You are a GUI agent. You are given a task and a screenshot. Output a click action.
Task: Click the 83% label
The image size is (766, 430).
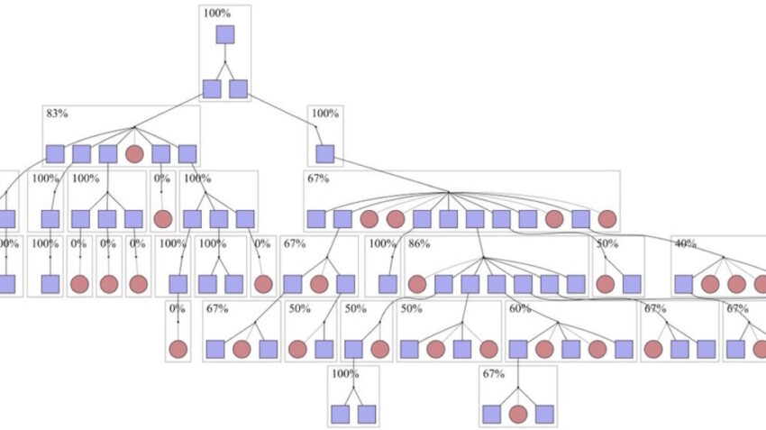[x=56, y=114]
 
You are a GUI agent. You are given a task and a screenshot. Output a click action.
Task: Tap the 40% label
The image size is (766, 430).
[x=685, y=244]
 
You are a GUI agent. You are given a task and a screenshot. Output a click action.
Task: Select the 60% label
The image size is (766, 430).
[x=520, y=308]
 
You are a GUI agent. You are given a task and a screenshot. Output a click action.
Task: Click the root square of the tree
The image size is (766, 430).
[x=224, y=35]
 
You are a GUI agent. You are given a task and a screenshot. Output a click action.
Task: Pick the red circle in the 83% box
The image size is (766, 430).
[x=134, y=154]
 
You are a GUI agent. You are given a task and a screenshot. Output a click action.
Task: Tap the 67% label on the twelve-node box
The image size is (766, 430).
[x=318, y=178]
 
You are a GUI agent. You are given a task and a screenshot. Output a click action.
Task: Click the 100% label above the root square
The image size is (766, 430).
[x=216, y=13]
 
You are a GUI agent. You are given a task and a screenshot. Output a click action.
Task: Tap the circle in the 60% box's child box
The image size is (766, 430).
[x=517, y=414]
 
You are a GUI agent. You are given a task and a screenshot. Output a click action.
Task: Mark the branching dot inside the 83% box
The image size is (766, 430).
[x=134, y=127]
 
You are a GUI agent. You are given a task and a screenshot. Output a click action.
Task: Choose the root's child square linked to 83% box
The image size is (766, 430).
[x=212, y=88]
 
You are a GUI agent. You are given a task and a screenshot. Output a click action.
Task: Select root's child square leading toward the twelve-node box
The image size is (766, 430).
[x=238, y=88]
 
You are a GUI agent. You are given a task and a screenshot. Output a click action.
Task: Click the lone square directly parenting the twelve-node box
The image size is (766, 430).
[x=325, y=154]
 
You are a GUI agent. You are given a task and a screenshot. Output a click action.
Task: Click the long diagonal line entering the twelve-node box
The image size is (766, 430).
[x=388, y=173]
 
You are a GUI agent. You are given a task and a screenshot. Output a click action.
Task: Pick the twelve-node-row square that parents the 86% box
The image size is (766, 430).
[x=475, y=218]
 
